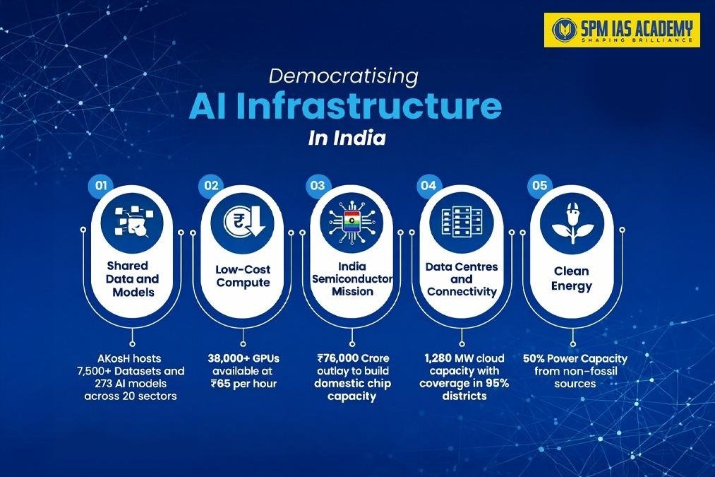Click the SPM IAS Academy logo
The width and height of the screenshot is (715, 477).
621,30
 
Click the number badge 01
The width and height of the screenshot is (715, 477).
102,186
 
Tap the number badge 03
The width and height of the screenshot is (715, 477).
316,186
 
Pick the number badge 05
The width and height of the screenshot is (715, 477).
539,186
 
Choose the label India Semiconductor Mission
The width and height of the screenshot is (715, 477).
352,278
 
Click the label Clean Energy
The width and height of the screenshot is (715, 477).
572,278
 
